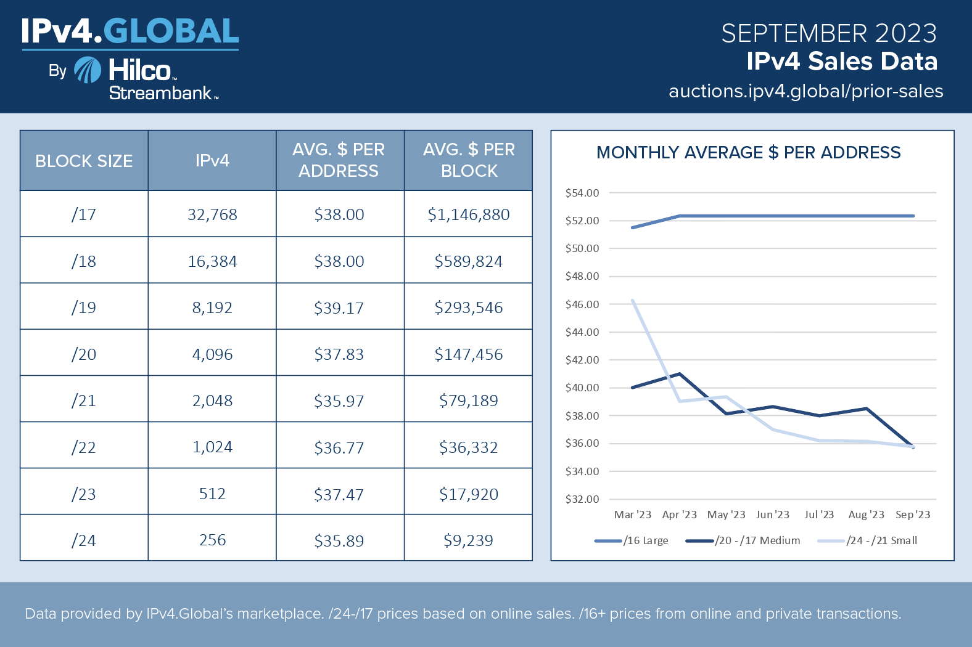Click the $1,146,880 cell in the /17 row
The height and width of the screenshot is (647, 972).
point(468,214)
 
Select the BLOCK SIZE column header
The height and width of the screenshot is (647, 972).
point(84,161)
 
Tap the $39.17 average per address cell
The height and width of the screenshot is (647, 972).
point(339,307)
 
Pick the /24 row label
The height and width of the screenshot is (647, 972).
point(84,540)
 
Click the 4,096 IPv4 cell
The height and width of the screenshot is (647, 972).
point(212,354)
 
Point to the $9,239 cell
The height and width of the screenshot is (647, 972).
point(468,540)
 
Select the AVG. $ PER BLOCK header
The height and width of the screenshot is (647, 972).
point(469,160)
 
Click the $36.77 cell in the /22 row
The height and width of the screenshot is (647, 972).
point(339,447)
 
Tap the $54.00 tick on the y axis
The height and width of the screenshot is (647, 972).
point(582,193)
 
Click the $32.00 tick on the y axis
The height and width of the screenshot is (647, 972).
point(582,499)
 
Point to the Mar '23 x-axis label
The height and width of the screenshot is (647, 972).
point(632,515)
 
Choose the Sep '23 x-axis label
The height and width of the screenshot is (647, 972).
point(913,515)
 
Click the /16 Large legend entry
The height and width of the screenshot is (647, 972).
point(632,541)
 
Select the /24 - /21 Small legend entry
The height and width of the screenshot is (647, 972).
point(868,541)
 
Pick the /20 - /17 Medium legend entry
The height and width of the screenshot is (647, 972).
point(743,541)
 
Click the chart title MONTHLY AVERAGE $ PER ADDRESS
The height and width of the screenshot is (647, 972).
point(748,152)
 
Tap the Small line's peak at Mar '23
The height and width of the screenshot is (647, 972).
point(633,301)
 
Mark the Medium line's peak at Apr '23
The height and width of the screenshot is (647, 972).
point(679,373)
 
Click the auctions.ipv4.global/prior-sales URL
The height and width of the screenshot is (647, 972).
point(805,91)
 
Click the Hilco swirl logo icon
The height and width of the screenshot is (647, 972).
point(88,70)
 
